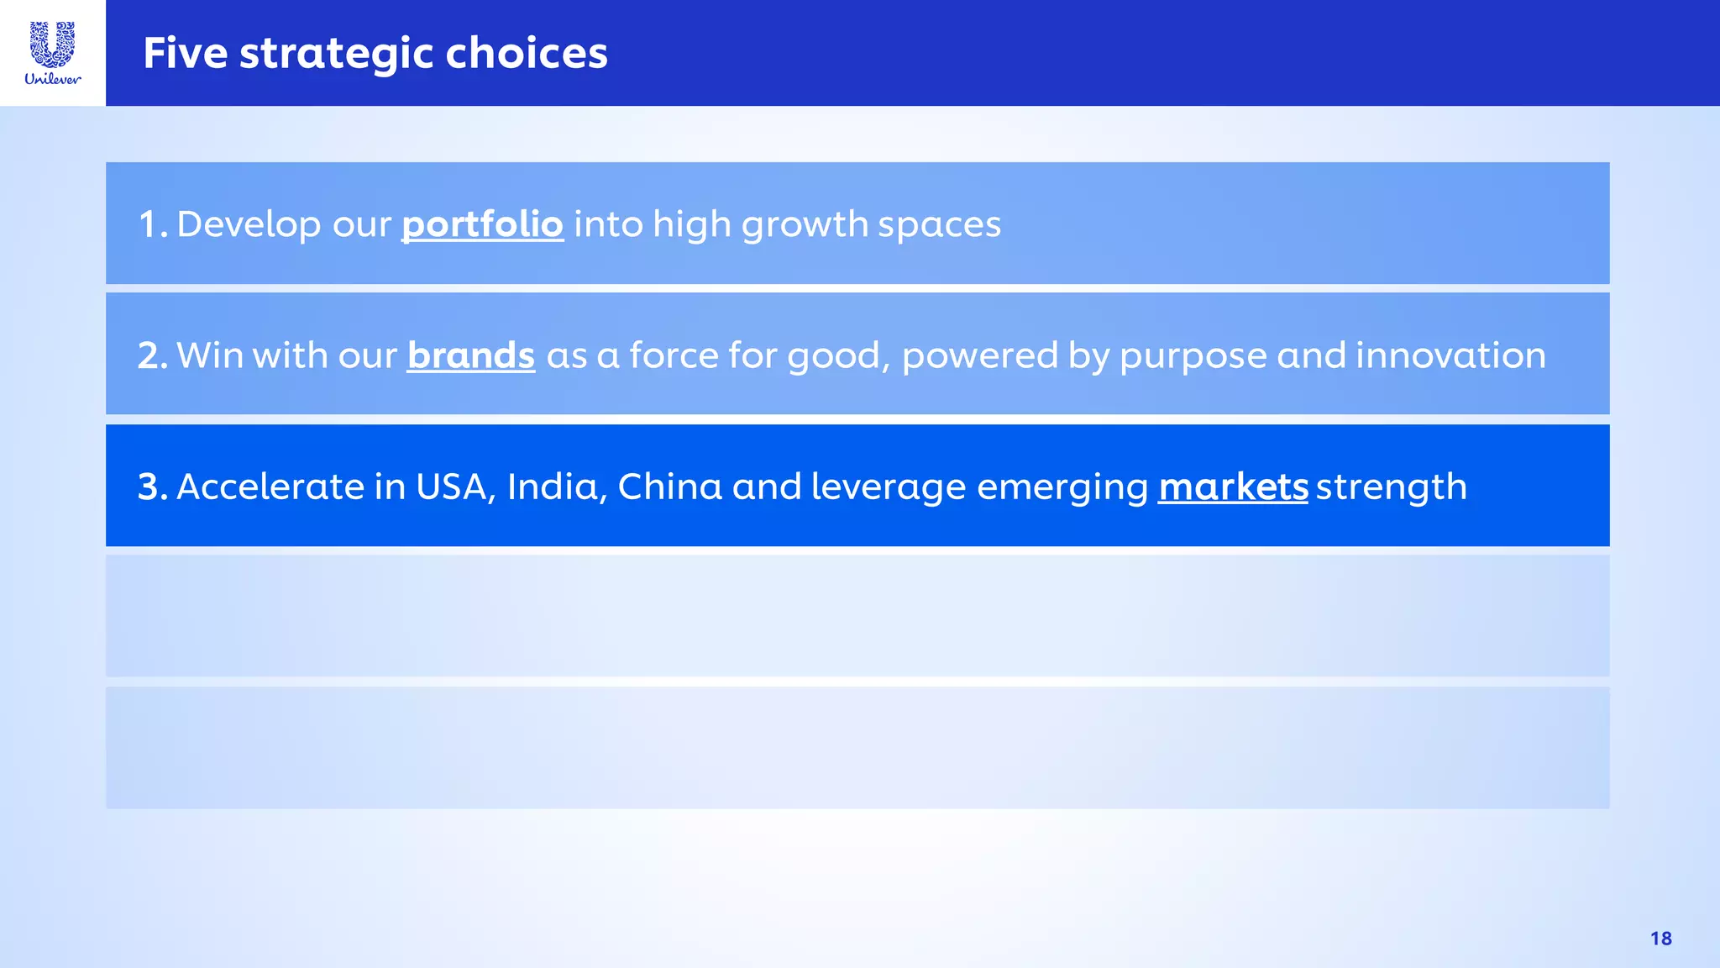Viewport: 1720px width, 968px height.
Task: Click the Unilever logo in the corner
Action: (53, 53)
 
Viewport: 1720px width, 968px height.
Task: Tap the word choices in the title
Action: (526, 54)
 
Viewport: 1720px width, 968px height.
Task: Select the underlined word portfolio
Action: (482, 225)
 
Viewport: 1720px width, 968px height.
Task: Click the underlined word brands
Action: (470, 356)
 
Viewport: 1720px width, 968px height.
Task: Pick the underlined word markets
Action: (1232, 487)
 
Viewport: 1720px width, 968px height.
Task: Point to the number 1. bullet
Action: (152, 225)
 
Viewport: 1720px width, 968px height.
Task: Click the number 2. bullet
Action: (152, 356)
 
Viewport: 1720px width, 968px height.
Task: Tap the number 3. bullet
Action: (152, 487)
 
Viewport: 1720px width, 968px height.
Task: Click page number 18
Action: (1660, 939)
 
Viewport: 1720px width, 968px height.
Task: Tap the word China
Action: (669, 487)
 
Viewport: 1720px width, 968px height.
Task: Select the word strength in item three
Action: (1391, 487)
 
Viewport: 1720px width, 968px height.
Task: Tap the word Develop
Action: (249, 225)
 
